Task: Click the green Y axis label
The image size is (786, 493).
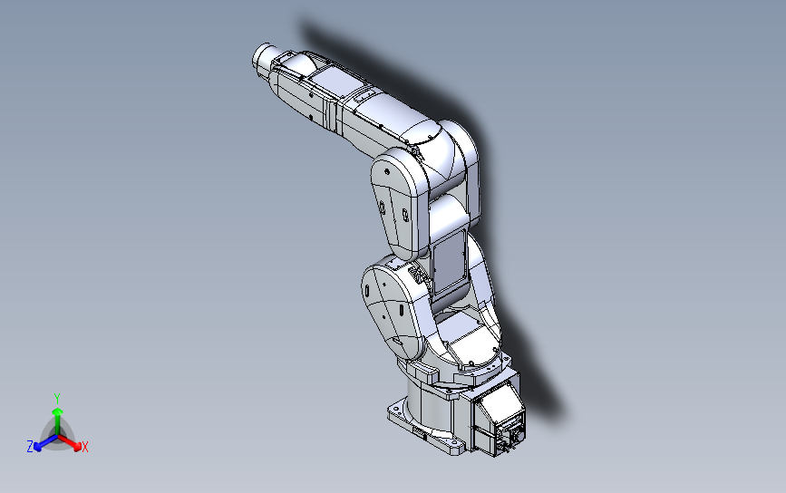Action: click(57, 399)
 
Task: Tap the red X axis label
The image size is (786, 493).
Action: click(84, 447)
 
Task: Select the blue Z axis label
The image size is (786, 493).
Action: click(30, 447)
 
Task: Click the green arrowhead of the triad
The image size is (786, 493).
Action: click(58, 411)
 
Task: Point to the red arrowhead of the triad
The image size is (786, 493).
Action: click(77, 445)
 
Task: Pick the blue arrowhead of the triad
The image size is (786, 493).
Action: click(37, 446)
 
